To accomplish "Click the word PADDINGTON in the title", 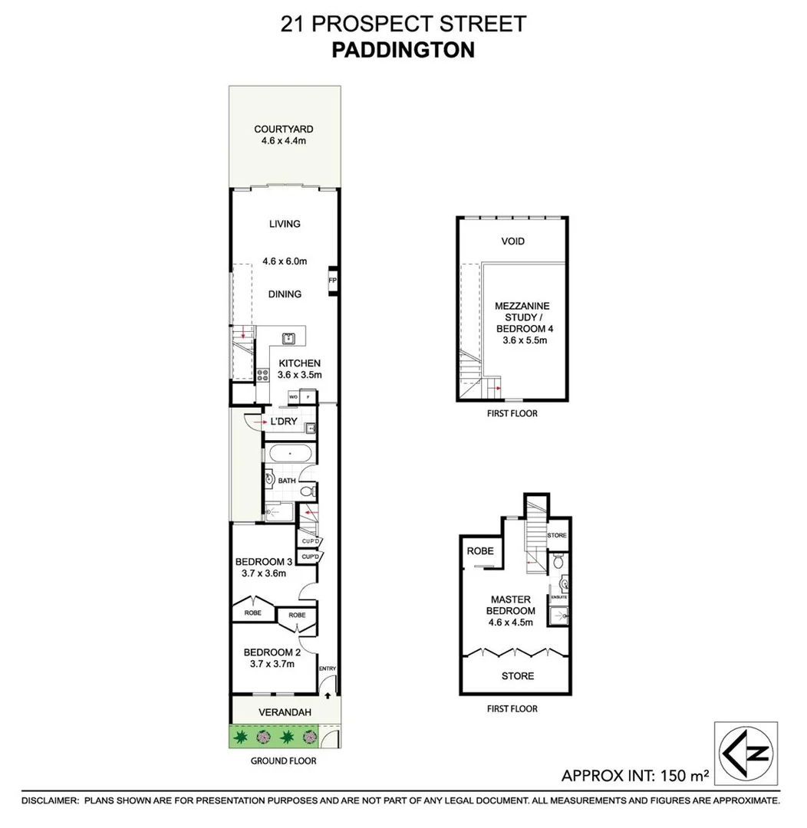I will pyautogui.click(x=403, y=50).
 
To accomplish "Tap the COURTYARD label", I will pyautogui.click(x=284, y=130).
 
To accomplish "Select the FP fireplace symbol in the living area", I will pyautogui.click(x=332, y=281).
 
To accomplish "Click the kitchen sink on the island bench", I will pyautogui.click(x=289, y=337).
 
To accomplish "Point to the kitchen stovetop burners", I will pyautogui.click(x=263, y=375).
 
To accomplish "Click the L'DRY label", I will pyautogui.click(x=283, y=422).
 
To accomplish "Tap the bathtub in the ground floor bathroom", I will pyautogui.click(x=288, y=453).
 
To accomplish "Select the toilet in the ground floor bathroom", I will pyautogui.click(x=307, y=490).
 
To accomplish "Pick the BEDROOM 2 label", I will pyautogui.click(x=269, y=652).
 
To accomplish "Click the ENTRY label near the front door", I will pyautogui.click(x=328, y=669).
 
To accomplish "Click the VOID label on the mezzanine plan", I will pyautogui.click(x=513, y=242).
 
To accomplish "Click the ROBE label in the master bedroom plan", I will pyautogui.click(x=480, y=551).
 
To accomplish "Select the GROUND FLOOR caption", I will pyautogui.click(x=284, y=761).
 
